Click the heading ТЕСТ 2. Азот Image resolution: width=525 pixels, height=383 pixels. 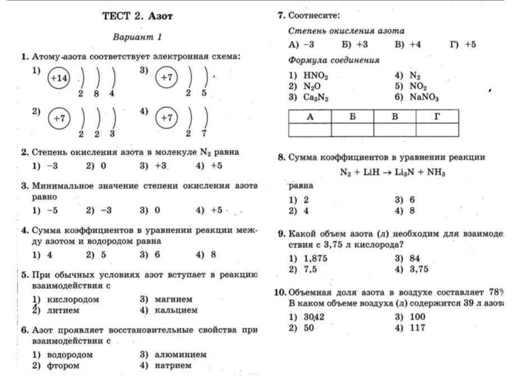point(137,16)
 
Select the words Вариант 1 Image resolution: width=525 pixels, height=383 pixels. point(137,37)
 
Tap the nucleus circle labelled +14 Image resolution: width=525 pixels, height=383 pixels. point(59,79)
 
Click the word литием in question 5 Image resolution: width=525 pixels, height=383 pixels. point(63,310)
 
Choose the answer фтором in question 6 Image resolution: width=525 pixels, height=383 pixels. point(63,365)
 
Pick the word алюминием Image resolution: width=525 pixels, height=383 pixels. point(181,354)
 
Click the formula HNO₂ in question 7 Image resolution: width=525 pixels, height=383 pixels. point(316,75)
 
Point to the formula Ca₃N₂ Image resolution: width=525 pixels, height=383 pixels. point(316,97)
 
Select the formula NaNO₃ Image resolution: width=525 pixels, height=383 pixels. point(424,97)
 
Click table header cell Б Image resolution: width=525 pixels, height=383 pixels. point(352,117)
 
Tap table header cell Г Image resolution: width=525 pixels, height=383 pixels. point(437,117)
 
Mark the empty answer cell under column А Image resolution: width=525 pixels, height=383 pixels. point(310,130)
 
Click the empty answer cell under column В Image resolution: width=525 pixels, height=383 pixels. point(395,130)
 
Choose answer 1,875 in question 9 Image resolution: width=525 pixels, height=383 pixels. point(315,258)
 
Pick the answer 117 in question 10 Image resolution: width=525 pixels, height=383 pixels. point(417,328)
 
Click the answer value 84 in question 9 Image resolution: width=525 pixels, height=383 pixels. point(415,258)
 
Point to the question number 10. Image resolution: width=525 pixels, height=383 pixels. point(280,292)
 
